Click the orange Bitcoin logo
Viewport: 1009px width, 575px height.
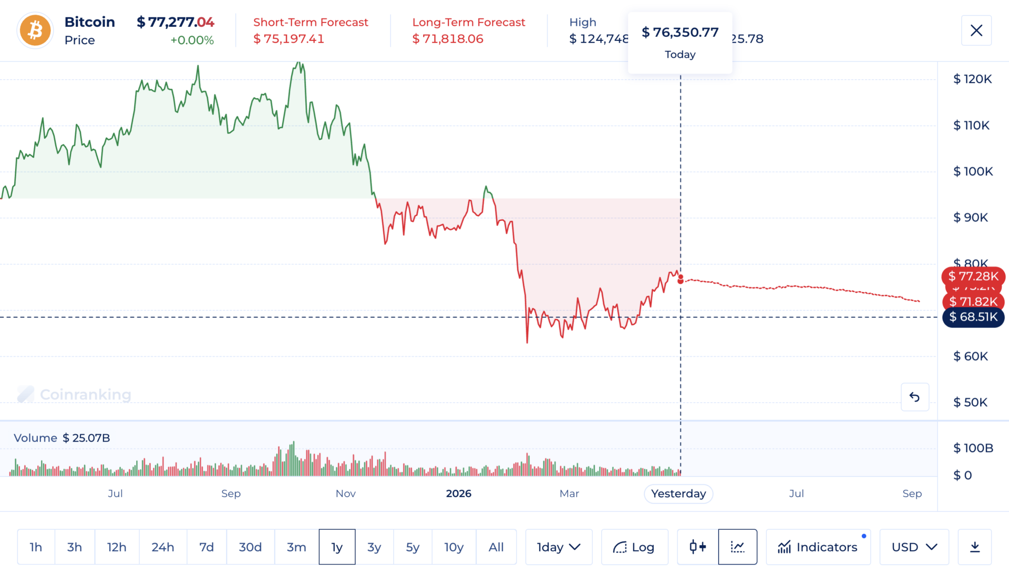35,30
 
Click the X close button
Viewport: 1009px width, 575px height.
976,30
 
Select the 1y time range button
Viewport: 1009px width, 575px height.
337,547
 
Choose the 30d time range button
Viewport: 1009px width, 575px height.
250,547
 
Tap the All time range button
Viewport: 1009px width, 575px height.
496,547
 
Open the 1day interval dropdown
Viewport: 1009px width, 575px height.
558,547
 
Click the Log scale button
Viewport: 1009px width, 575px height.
634,547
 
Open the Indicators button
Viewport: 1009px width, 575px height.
818,547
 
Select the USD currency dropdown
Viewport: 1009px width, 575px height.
914,547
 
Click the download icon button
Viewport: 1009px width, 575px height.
974,547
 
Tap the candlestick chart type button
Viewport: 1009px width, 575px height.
697,547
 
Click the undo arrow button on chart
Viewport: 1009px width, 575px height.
914,397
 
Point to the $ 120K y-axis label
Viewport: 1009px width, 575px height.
972,79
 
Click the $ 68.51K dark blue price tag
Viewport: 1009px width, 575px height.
973,317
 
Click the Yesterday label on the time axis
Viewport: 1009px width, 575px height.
678,494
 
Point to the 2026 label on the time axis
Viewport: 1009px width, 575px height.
458,494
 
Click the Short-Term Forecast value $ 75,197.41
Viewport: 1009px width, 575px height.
289,39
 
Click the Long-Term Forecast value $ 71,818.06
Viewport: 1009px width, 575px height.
447,39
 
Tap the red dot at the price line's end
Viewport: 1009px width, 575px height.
681,279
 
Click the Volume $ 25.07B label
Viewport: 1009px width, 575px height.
61,438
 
